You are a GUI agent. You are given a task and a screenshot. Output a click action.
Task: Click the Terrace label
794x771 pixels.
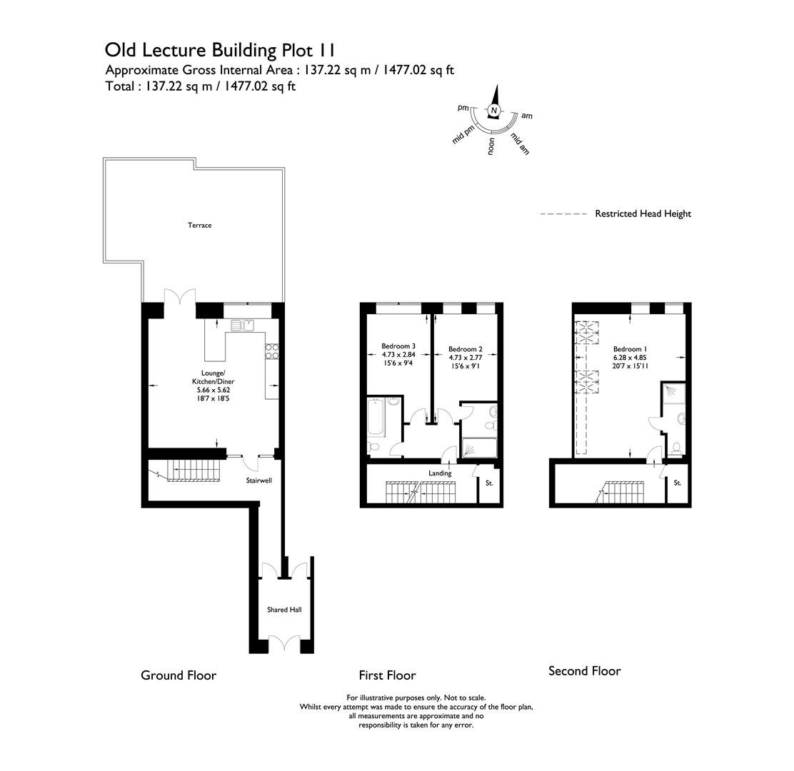coord(200,225)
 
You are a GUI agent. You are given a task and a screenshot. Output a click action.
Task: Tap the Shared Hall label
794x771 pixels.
coord(284,610)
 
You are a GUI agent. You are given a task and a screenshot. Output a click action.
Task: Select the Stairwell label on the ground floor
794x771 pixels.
coord(258,480)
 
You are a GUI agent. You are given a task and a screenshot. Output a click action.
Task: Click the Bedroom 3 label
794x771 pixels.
coord(398,346)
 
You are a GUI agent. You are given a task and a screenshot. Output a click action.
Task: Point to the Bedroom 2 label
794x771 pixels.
coord(466,349)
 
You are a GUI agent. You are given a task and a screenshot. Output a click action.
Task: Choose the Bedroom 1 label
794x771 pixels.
coord(629,349)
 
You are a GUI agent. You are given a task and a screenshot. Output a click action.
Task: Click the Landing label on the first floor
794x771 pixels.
coord(440,473)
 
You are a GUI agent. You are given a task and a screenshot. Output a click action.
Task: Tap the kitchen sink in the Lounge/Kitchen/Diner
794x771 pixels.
coord(242,326)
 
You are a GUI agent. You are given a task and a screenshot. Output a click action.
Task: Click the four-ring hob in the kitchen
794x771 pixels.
coord(272,351)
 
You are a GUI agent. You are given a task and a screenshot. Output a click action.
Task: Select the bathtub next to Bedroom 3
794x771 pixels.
coord(376,418)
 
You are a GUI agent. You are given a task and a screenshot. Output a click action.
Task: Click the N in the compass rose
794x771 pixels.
coord(493,111)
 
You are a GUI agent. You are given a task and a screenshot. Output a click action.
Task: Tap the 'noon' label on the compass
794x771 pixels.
coord(491,146)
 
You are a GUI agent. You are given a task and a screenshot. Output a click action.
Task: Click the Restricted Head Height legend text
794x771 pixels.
coord(643,213)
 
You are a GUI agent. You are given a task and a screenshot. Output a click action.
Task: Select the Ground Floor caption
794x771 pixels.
coord(179,675)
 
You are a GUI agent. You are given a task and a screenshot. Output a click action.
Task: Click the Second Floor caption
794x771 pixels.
coord(585,671)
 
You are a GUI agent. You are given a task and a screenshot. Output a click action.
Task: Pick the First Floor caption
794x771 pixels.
coord(387,675)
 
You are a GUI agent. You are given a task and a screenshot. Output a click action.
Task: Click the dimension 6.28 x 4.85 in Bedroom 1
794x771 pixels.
coord(629,358)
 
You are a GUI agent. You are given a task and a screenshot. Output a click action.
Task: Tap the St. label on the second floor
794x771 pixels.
coord(677,483)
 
